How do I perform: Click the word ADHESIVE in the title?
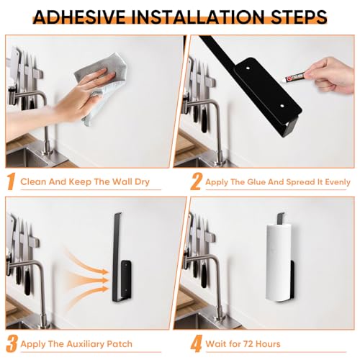coord(79,17)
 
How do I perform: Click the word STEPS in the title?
coord(299,17)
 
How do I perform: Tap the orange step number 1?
coord(11,182)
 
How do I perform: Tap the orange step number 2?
coord(197,182)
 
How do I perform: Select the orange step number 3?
coord(12,344)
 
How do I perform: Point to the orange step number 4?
coord(197,344)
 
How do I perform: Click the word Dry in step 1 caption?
coord(142,182)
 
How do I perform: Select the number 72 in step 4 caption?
coord(248,344)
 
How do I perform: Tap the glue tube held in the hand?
coord(294,77)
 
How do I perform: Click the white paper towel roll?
coord(279,262)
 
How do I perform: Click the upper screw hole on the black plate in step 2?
coord(248,68)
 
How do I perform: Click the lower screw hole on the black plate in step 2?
coord(282,106)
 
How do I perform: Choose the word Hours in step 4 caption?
coord(268,344)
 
